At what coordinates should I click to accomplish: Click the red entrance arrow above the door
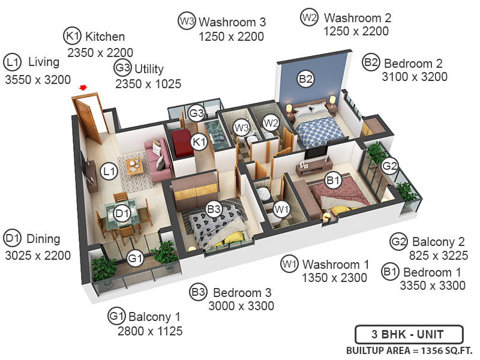pyautogui.click(x=83, y=88)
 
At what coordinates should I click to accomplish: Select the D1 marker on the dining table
pyautogui.click(x=122, y=213)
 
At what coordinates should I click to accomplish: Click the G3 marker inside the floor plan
pyautogui.click(x=196, y=113)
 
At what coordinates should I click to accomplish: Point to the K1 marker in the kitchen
pyautogui.click(x=199, y=142)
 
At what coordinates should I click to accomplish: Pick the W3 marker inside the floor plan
pyautogui.click(x=241, y=128)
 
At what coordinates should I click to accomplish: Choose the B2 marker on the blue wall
pyautogui.click(x=306, y=78)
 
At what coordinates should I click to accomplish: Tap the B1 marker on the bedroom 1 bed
pyautogui.click(x=334, y=179)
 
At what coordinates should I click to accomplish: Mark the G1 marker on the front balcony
pyautogui.click(x=136, y=259)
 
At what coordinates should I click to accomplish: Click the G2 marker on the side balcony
pyautogui.click(x=391, y=165)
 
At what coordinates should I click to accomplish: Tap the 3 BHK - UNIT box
pyautogui.click(x=408, y=334)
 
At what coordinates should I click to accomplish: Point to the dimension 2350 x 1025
pyautogui.click(x=148, y=84)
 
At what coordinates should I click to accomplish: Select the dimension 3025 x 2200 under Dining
pyautogui.click(x=38, y=255)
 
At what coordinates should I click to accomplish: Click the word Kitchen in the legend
pyautogui.click(x=105, y=37)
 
